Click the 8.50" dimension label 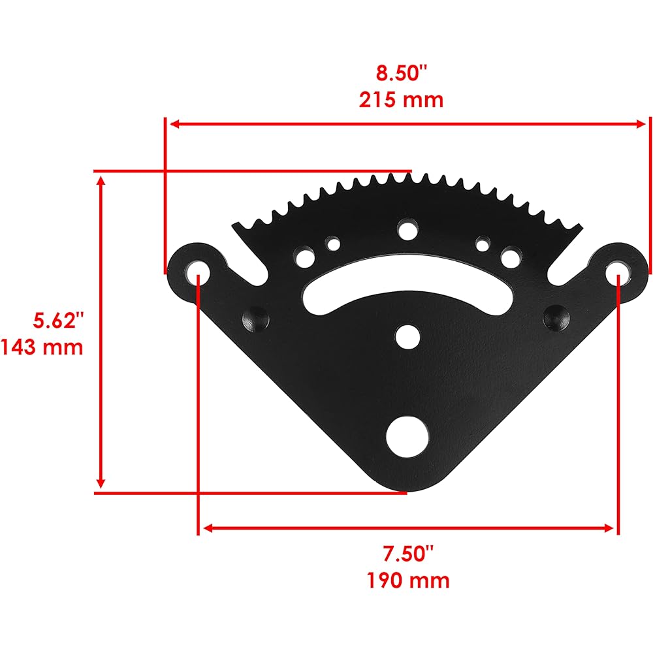(402, 72)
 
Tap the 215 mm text (401, 100)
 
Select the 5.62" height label (58, 320)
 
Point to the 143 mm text (42, 347)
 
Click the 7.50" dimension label (408, 554)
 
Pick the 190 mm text (408, 581)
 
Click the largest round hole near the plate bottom (407, 436)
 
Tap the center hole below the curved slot (407, 336)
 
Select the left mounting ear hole (198, 272)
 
